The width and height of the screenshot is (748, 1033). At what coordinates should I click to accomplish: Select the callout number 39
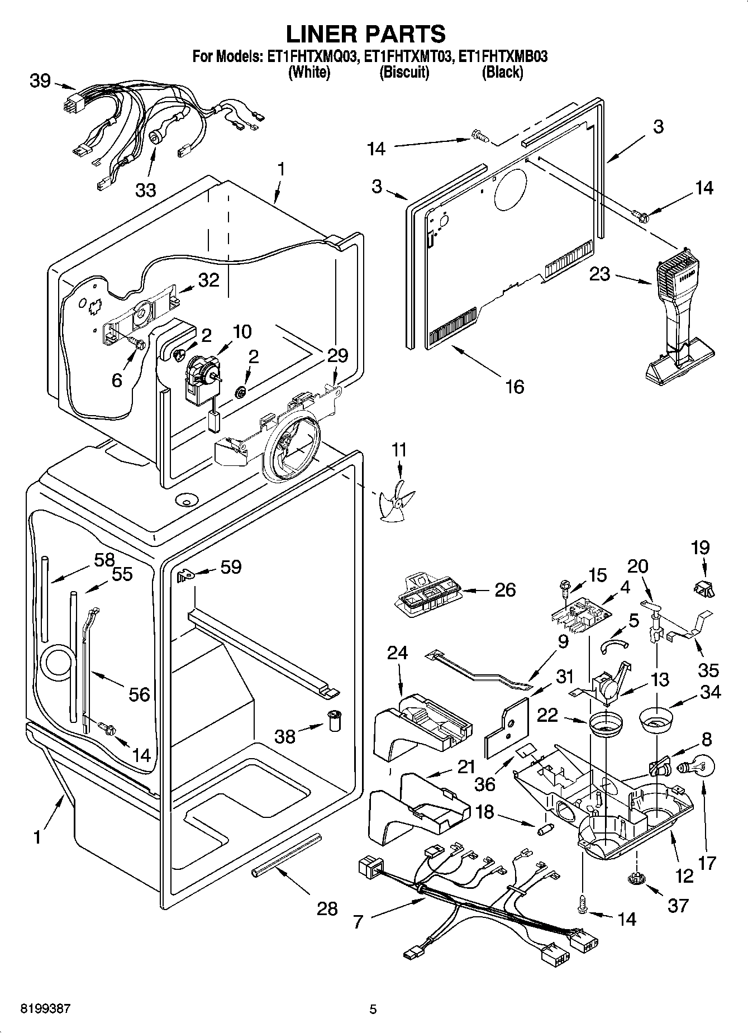point(40,81)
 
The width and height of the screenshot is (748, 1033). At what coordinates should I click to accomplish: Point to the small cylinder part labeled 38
point(335,720)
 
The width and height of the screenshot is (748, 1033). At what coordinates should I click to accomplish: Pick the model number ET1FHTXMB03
point(501,56)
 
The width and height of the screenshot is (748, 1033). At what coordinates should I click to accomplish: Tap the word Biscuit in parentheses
point(404,73)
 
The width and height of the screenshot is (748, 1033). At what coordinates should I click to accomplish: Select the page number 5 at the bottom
point(373,1009)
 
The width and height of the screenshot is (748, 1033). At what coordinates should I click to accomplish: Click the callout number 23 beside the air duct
point(599,275)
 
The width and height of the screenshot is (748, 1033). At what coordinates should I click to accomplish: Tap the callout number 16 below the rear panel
point(514,386)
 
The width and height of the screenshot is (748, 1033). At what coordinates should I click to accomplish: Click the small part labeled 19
point(704,588)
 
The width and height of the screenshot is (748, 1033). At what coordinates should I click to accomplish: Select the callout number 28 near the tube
point(327,909)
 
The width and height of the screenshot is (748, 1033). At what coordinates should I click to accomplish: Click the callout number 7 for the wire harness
point(358,921)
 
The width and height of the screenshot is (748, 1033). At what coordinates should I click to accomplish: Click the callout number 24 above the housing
point(397,653)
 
